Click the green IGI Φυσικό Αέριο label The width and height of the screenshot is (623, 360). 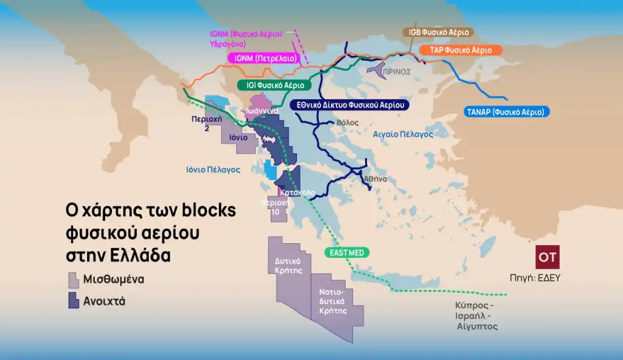click(276, 86)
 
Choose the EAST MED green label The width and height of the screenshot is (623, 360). click(346, 252)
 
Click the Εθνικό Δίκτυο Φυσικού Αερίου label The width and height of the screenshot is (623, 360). click(349, 105)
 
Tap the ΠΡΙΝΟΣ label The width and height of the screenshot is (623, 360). click(397, 71)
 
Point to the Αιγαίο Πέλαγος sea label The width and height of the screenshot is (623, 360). click(403, 133)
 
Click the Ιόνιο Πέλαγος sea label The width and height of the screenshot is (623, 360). click(214, 170)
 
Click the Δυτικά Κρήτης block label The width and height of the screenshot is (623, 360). click(289, 266)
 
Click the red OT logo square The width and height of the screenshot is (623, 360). click(548, 257)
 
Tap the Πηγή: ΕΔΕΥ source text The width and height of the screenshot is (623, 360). click(535, 278)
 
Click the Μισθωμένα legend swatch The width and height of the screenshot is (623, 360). click(74, 280)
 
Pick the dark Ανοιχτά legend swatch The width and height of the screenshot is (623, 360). click(74, 300)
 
